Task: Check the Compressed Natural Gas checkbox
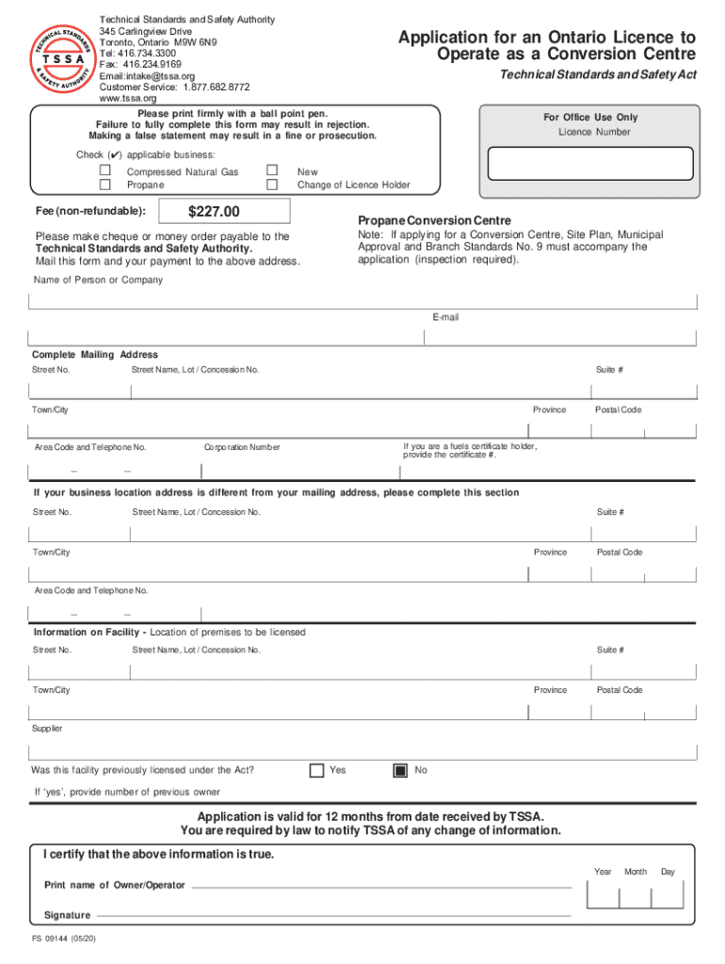(x=105, y=170)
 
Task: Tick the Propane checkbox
(x=105, y=185)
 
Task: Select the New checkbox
(x=272, y=170)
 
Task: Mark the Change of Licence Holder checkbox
(x=272, y=185)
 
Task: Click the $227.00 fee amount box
(x=214, y=212)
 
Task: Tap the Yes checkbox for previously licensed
(x=317, y=770)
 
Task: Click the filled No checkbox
(x=400, y=770)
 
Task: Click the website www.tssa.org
(x=128, y=98)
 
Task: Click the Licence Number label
(x=594, y=133)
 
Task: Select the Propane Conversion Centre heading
(x=421, y=220)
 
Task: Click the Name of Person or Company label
(x=98, y=280)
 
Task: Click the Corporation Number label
(x=242, y=447)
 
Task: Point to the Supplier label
(x=47, y=729)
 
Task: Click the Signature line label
(x=67, y=915)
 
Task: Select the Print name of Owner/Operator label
(x=115, y=886)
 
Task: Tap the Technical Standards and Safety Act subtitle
(x=597, y=75)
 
